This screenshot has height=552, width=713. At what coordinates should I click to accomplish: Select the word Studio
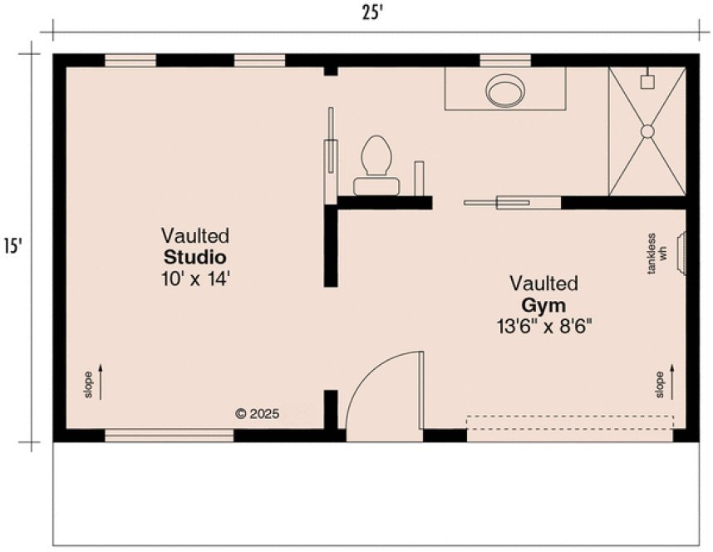click(194, 255)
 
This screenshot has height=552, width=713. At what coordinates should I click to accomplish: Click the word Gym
click(543, 304)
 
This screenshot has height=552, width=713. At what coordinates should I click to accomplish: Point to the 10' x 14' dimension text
click(194, 278)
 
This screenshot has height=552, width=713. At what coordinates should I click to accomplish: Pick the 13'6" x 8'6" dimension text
click(543, 327)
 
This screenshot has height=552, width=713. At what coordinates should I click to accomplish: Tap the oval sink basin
click(505, 91)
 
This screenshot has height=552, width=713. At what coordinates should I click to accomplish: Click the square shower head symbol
click(647, 81)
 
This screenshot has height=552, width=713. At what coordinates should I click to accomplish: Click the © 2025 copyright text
click(257, 412)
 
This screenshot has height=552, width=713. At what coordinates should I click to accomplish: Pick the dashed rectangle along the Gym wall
click(569, 422)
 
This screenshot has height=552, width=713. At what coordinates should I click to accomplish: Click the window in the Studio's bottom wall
click(169, 434)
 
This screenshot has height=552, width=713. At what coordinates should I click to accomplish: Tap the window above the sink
click(505, 60)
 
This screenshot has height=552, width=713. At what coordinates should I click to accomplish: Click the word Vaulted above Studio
click(194, 235)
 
